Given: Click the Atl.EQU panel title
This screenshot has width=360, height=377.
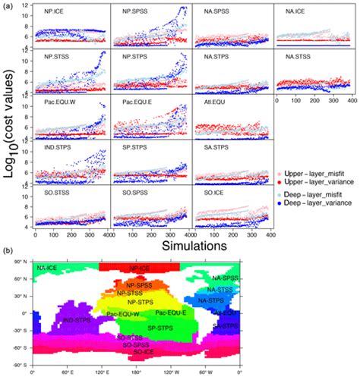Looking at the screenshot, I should click(x=206, y=102).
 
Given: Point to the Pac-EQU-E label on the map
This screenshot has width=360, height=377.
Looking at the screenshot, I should click(x=169, y=312).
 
